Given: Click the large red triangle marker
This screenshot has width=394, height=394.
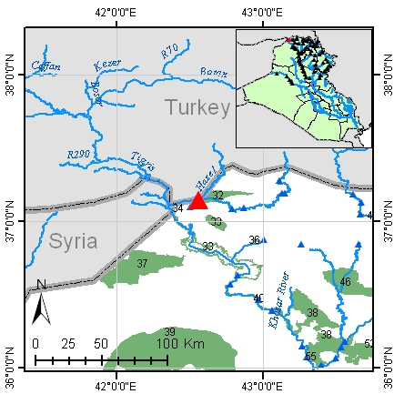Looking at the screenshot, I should [x=198, y=201].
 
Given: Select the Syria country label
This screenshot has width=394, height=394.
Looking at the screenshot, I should [x=73, y=243].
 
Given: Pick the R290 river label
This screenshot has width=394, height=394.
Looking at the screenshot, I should [x=81, y=157].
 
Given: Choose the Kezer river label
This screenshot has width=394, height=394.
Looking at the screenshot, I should [x=108, y=65].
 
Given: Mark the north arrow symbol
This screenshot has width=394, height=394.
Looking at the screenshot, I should [x=40, y=303].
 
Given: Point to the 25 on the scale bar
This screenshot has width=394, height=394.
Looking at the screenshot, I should [x=67, y=345].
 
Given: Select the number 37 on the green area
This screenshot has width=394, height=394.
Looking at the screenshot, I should [x=142, y=263].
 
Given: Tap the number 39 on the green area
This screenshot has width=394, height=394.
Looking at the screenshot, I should [x=168, y=331].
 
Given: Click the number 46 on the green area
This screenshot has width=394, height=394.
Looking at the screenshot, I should [x=345, y=282].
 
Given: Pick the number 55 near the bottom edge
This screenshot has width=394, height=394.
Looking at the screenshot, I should [x=310, y=356].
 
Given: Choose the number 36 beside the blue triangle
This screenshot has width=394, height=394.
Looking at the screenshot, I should [x=255, y=240].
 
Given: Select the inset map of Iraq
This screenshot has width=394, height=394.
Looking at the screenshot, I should [x=303, y=88].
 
